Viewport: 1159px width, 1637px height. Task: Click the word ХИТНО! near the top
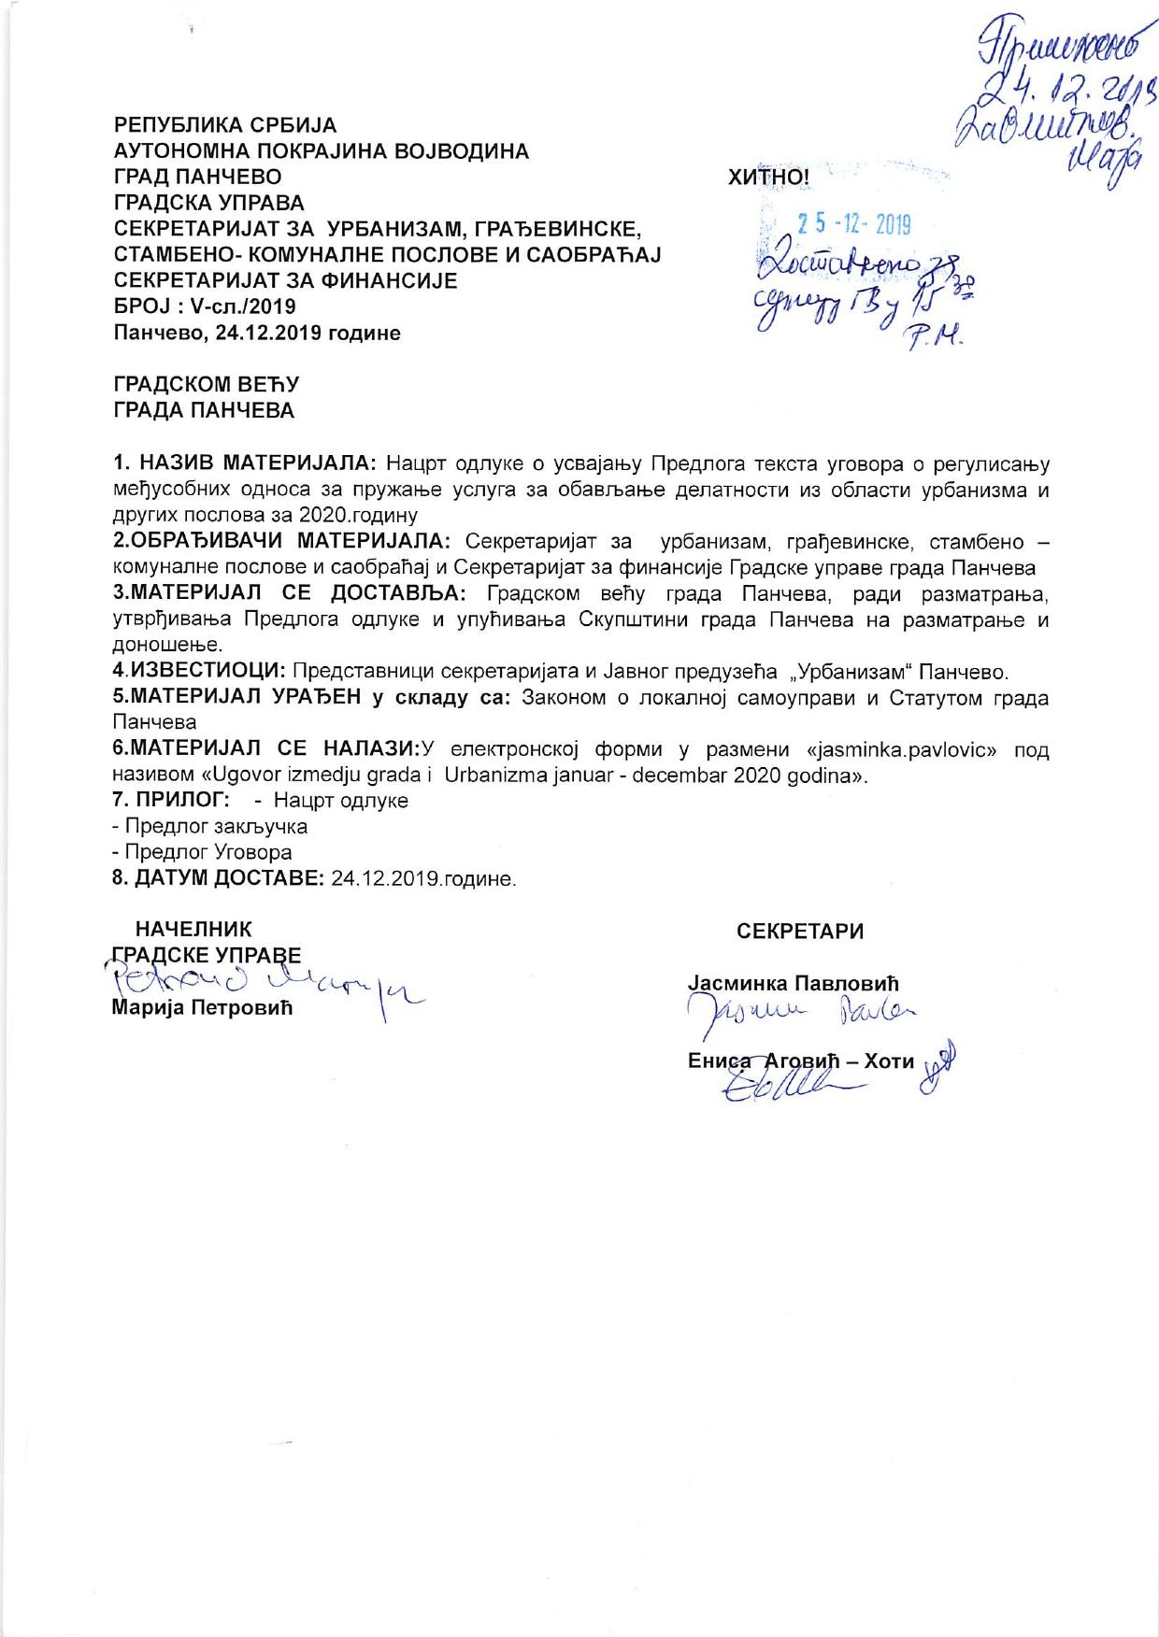[x=767, y=178]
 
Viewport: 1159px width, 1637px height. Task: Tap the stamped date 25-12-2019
[x=852, y=224]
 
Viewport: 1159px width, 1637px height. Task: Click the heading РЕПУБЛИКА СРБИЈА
[x=225, y=124]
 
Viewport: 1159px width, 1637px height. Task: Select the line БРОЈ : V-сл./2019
[x=205, y=306]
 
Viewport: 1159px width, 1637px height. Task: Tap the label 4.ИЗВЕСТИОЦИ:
[x=199, y=672]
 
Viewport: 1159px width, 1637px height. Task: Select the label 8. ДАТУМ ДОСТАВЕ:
[x=219, y=879]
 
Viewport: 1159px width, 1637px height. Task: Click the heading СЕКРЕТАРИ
[x=800, y=932]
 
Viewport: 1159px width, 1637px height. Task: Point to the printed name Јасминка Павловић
[x=793, y=983]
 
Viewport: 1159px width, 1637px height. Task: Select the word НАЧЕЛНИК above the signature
[x=193, y=930]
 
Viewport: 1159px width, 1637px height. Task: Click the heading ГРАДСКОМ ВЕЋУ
[x=206, y=384]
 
